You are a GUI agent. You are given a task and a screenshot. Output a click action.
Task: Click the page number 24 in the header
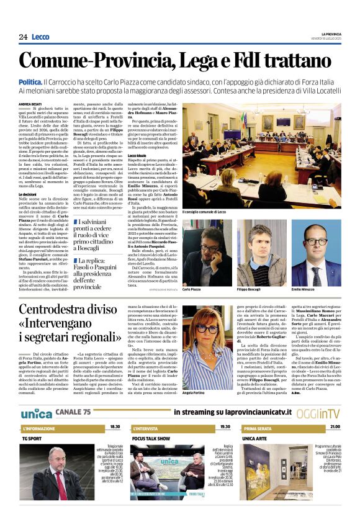tap(23, 37)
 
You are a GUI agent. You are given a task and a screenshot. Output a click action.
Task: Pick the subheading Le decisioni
tap(28, 194)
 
